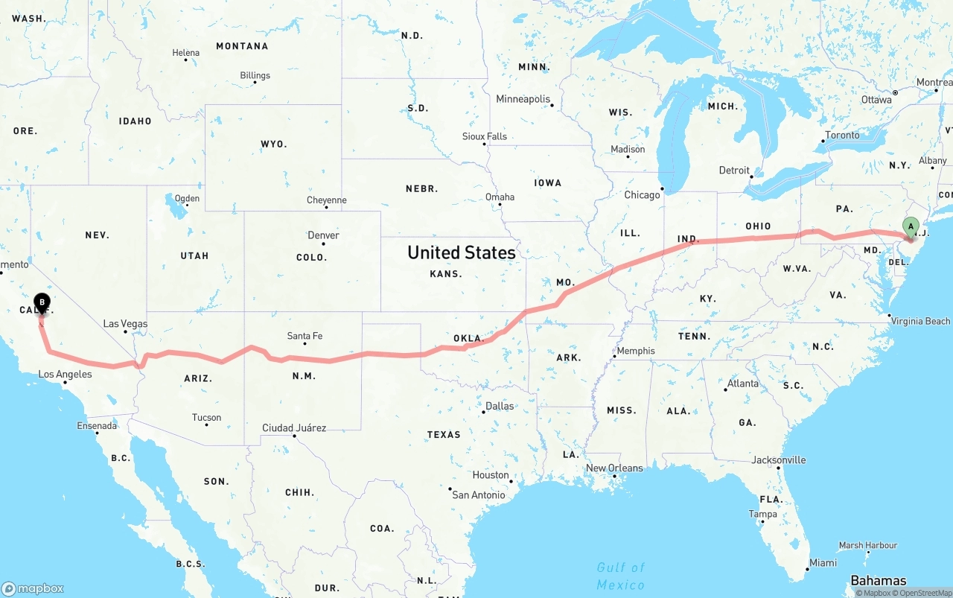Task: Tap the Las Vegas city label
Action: pyautogui.click(x=125, y=324)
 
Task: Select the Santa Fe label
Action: pyautogui.click(x=305, y=336)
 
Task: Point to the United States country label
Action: pyautogui.click(x=461, y=252)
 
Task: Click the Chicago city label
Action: pyautogui.click(x=642, y=195)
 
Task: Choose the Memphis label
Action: pyautogui.click(x=636, y=351)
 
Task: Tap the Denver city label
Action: pyautogui.click(x=323, y=235)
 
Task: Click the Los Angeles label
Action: pyautogui.click(x=65, y=374)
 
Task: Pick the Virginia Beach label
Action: pyautogui.click(x=920, y=321)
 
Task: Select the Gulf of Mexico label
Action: pyautogui.click(x=620, y=576)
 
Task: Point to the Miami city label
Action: pyautogui.click(x=823, y=563)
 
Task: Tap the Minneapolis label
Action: pyautogui.click(x=523, y=99)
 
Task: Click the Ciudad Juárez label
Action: pyautogui.click(x=293, y=427)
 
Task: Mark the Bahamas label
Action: pyautogui.click(x=879, y=580)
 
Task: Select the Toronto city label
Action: pyautogui.click(x=843, y=135)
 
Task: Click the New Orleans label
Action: pyautogui.click(x=614, y=468)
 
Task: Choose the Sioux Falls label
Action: pyautogui.click(x=484, y=136)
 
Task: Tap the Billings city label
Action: pyautogui.click(x=255, y=75)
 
